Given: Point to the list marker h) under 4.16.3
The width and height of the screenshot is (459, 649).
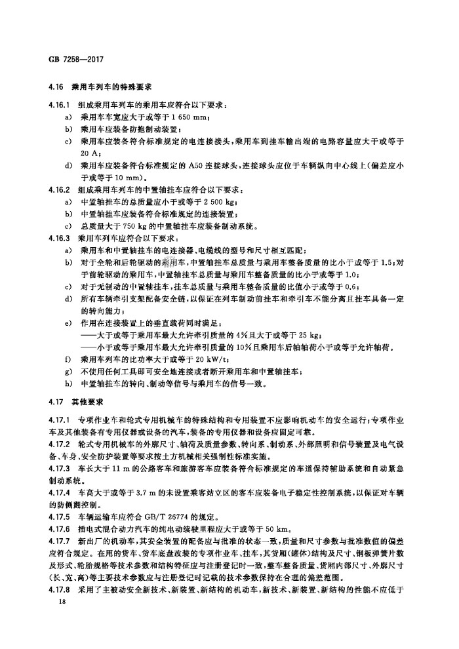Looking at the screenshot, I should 69,383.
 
